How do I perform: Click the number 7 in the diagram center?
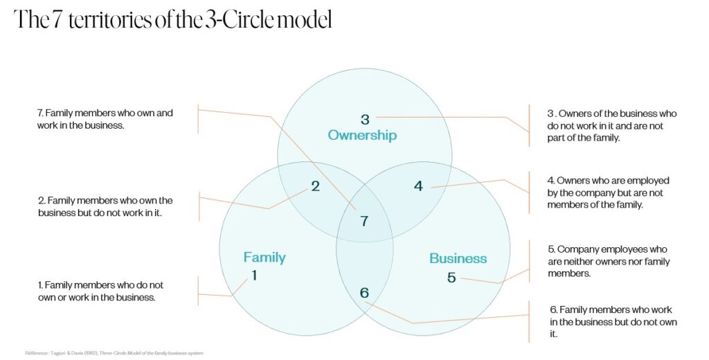pyautogui.click(x=364, y=222)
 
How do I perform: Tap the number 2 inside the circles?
pyautogui.click(x=315, y=186)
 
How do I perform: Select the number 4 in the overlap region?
pyautogui.click(x=418, y=186)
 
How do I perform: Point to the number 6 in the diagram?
pyautogui.click(x=364, y=293)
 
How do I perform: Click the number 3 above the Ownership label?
pyautogui.click(x=365, y=119)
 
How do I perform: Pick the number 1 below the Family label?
pyautogui.click(x=254, y=275)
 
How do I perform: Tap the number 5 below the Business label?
pyautogui.click(x=451, y=278)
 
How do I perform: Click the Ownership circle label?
pyautogui.click(x=362, y=135)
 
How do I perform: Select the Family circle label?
pyautogui.click(x=264, y=258)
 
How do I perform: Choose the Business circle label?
pyautogui.click(x=458, y=258)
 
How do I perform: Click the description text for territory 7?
pyautogui.click(x=105, y=118)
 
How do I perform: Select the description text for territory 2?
pyautogui.click(x=105, y=206)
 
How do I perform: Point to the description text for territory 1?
pyautogui.click(x=100, y=291)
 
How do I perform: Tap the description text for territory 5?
pyautogui.click(x=609, y=261)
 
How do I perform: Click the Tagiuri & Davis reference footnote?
pyautogui.click(x=114, y=353)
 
